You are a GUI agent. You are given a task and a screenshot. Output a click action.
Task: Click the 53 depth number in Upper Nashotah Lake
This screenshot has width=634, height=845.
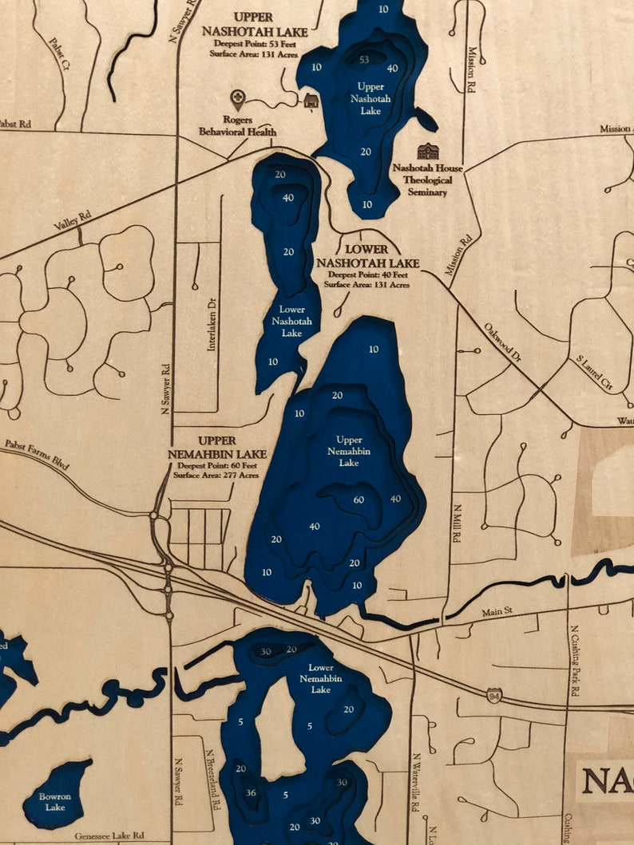365,60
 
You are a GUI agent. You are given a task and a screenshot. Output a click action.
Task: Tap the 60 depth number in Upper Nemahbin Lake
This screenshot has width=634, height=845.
359,499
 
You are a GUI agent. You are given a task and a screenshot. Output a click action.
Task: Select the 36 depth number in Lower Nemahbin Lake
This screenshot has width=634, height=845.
251,792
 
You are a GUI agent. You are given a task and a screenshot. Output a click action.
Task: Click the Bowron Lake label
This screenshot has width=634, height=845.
56,802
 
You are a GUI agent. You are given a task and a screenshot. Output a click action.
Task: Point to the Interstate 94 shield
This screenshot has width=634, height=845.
496,696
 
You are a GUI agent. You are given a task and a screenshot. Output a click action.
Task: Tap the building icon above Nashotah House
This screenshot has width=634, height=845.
428,152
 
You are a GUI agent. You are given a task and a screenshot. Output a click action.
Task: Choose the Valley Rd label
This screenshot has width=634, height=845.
73,221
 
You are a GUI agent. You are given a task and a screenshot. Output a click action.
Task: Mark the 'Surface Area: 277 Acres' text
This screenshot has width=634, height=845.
217,476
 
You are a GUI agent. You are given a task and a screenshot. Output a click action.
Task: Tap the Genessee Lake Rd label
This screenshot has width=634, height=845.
111,836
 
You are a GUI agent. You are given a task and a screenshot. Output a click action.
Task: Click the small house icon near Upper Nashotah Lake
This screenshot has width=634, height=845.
311,100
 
